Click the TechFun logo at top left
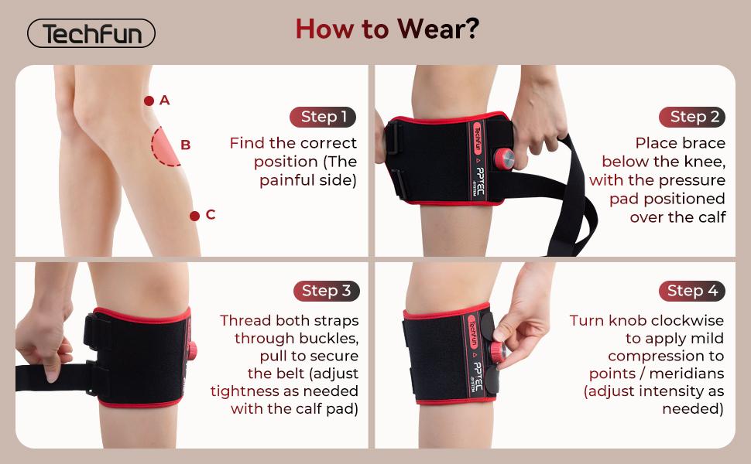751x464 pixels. [91, 34]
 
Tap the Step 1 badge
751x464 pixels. [324, 117]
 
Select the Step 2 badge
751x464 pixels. [692, 117]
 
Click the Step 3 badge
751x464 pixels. [326, 291]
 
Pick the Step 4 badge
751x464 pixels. [692, 291]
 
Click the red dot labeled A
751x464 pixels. [149, 101]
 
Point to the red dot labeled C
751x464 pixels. [194, 216]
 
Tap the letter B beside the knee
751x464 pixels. [186, 145]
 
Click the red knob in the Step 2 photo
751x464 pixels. [506, 159]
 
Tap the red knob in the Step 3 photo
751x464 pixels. [191, 350]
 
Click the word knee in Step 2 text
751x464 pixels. [708, 162]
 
